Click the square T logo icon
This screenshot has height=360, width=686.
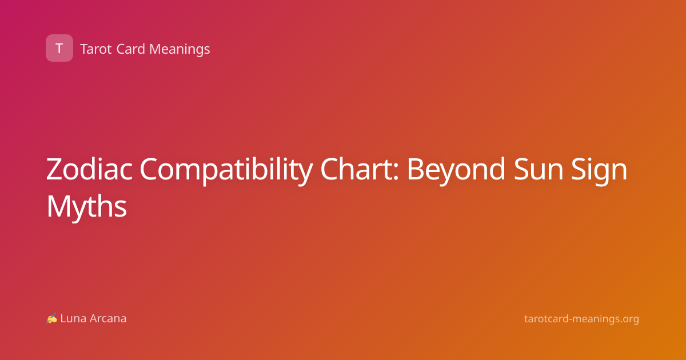point(59,48)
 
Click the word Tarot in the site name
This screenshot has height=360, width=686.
point(96,49)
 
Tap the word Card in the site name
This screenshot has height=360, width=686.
point(130,49)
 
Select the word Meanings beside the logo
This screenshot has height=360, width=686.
point(180,50)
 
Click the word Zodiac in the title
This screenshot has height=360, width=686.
point(89,169)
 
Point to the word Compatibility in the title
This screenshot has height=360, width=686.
point(226,171)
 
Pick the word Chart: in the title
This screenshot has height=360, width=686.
point(360,169)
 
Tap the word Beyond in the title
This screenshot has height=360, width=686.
point(456,171)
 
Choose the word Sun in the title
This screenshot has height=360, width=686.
point(539,169)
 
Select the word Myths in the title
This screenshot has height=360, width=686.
point(87,207)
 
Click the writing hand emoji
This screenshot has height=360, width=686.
point(52,318)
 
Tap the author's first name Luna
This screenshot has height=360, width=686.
point(73,318)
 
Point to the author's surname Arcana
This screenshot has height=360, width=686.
point(108,318)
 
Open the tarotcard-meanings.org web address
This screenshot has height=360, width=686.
point(581,319)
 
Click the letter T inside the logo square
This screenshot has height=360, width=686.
point(59,48)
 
